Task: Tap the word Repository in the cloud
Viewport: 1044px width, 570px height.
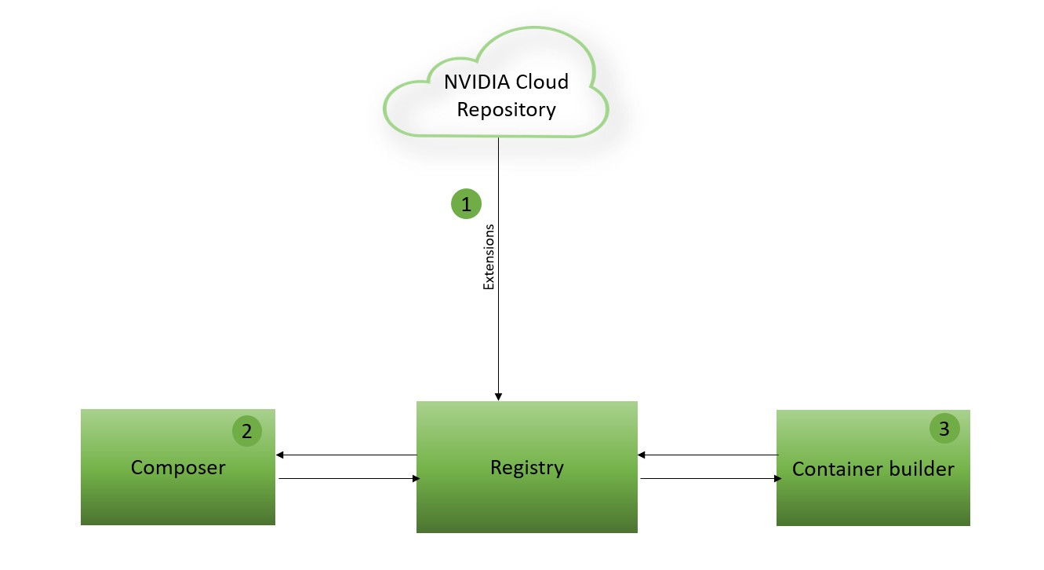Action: (506, 110)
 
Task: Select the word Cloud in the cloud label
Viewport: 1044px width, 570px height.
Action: (541, 82)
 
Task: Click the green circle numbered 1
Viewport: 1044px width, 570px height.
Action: (466, 204)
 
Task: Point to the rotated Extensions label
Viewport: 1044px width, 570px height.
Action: (489, 258)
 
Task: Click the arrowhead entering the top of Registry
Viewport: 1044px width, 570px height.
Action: (498, 396)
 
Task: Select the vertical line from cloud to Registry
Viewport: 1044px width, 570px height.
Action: (498, 314)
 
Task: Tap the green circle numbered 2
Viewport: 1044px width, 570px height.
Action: (247, 431)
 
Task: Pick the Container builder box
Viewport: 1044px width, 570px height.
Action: (873, 502)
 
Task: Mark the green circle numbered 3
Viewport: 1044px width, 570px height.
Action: (944, 429)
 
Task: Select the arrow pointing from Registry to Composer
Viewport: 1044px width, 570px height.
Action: (345, 455)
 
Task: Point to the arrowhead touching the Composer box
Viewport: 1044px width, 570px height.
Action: (280, 455)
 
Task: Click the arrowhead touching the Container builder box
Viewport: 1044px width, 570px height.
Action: (777, 478)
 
